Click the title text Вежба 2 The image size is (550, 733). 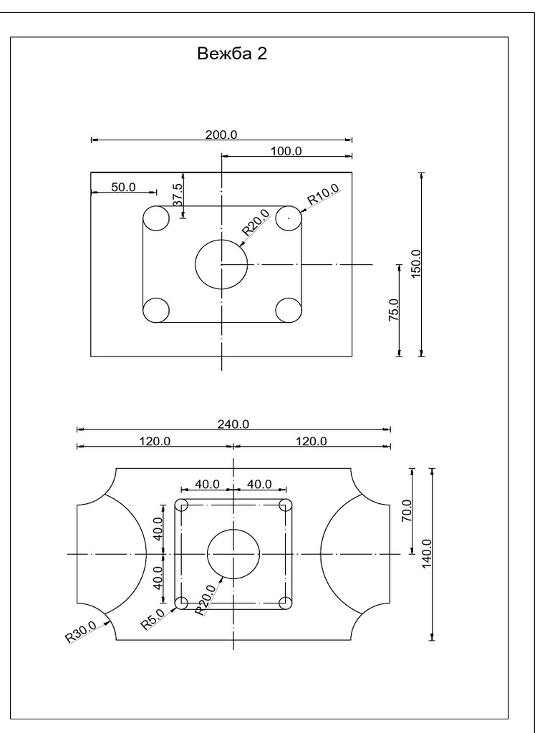[x=232, y=54]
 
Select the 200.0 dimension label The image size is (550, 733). [x=221, y=134]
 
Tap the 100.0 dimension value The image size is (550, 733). [x=286, y=150]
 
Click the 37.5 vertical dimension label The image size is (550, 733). [x=178, y=194]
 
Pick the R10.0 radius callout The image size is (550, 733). [x=323, y=196]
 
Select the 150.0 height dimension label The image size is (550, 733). [x=416, y=262]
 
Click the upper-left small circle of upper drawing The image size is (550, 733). [x=156, y=218]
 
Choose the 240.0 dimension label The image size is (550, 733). [x=233, y=424]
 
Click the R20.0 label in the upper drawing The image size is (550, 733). [x=255, y=223]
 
